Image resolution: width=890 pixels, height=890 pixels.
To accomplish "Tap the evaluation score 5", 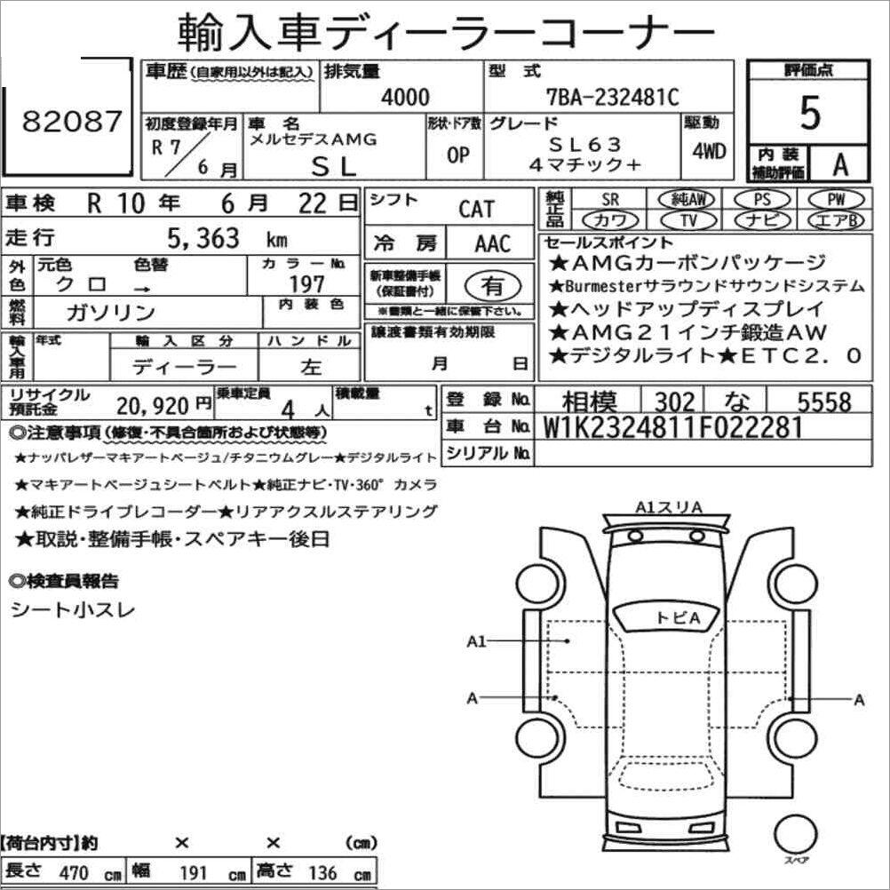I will [x=809, y=113].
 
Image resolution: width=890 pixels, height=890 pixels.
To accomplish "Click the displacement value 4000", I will [x=404, y=97].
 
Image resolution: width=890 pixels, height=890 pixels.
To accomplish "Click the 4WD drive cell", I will [x=708, y=150].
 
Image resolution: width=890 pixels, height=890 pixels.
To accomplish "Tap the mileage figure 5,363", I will [x=203, y=238].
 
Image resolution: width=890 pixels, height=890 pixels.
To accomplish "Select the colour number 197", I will [x=306, y=283].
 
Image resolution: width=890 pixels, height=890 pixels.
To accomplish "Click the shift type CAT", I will [x=476, y=210].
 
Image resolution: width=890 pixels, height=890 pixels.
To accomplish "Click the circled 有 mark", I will [x=491, y=286].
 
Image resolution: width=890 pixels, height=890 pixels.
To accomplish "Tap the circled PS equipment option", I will [x=759, y=199].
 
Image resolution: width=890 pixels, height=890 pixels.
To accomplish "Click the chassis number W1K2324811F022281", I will [x=672, y=427].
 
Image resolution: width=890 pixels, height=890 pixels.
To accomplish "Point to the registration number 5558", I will [x=823, y=402].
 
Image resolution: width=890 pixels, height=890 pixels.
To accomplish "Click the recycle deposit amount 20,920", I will [x=152, y=406].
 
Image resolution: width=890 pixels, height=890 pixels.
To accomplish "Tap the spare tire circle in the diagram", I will [x=794, y=835].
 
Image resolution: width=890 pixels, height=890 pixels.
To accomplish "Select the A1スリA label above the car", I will [x=668, y=507].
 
